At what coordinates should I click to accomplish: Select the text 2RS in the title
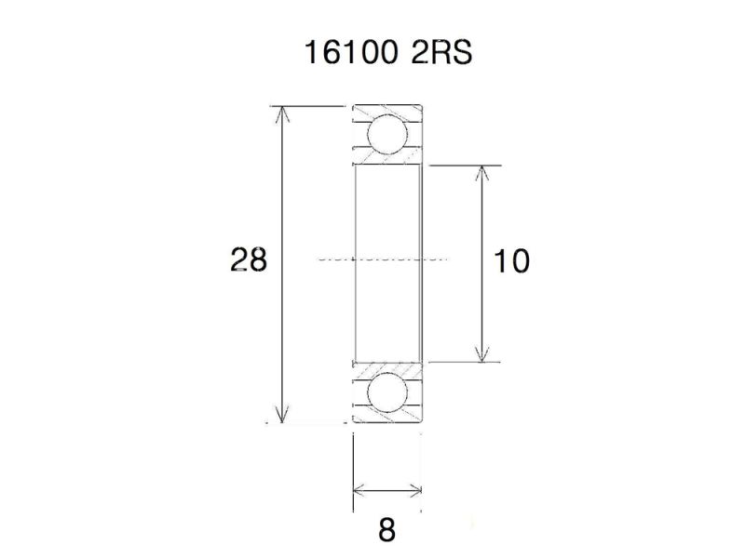pos(440,53)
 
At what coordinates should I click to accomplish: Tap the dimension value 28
pos(249,260)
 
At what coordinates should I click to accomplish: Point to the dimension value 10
pos(511,261)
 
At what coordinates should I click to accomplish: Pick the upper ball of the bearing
pos(386,133)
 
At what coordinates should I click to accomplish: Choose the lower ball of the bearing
pos(387,392)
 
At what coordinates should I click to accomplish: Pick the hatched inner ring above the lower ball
pos(387,365)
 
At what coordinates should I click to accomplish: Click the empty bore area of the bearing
pos(387,223)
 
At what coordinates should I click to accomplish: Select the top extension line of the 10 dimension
pos(466,166)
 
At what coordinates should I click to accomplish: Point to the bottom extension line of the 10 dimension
pos(466,362)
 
